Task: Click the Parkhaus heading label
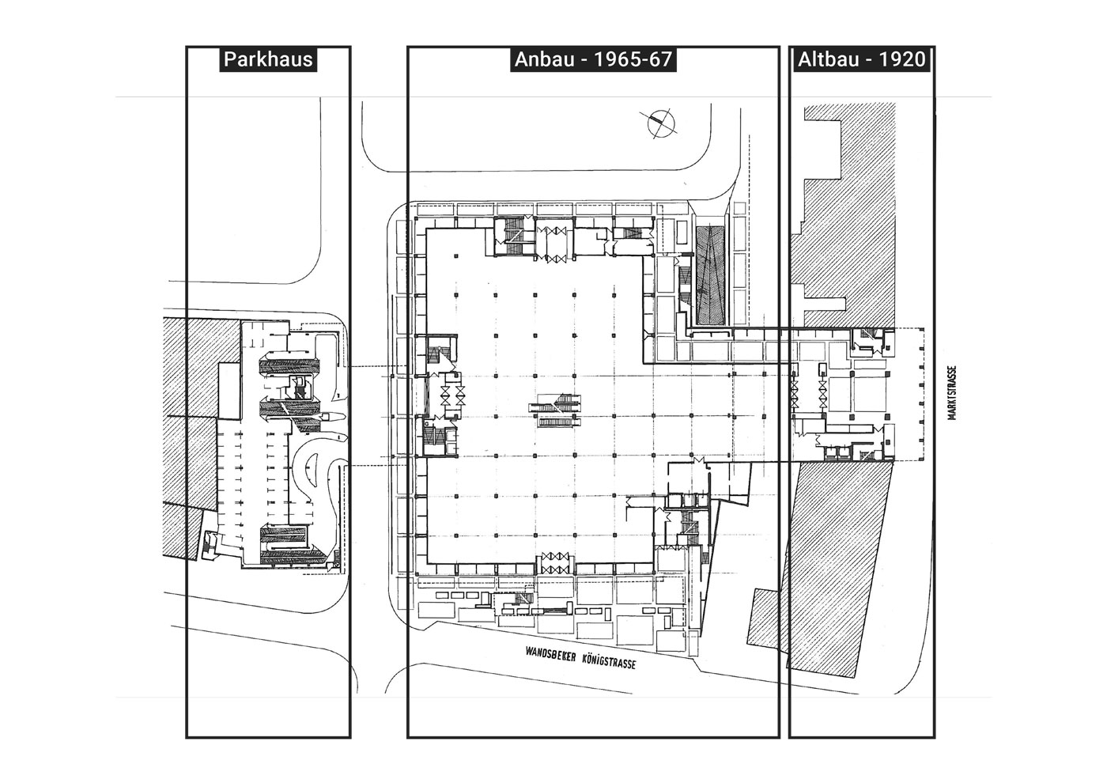[268, 59]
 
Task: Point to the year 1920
[902, 59]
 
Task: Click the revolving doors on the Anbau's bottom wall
[554, 565]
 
